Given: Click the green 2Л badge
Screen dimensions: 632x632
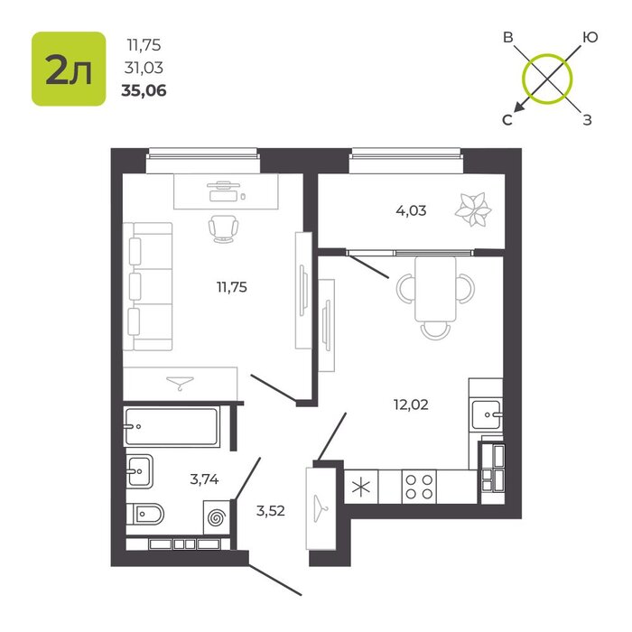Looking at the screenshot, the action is pos(69,69).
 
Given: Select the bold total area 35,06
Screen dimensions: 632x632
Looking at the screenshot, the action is pos(144,91).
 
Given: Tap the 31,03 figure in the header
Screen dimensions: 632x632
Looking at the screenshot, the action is pos(144,68).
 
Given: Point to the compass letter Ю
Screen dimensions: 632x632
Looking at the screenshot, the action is pos(590,38).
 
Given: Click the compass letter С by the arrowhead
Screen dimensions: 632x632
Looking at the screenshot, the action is pos(507,120).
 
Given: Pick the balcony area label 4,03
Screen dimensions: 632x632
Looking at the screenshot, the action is pos(411,210).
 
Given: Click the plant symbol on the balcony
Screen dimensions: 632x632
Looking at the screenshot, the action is pos(473,210).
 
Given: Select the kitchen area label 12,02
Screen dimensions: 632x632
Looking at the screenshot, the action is pos(411,404).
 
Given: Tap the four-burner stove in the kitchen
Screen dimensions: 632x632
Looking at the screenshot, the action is pos(419,487).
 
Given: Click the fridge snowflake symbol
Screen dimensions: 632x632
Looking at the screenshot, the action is pos(361,487).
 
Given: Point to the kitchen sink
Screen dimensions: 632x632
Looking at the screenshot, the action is pos(487,414).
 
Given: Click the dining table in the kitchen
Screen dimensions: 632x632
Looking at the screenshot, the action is pos(435,289).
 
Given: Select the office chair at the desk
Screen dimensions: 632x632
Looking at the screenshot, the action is pos(223,228).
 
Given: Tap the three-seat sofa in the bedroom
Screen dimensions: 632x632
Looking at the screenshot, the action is pos(148,286).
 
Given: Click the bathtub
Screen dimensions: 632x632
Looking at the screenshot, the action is pos(172,426).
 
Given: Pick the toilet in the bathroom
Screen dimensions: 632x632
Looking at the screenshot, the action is pos(145,514).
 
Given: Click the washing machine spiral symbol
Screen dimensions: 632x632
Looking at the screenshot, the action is pos(217,517).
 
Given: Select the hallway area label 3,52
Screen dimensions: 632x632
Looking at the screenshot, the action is pos(271,511).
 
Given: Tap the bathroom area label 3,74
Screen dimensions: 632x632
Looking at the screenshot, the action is pos(204,479).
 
